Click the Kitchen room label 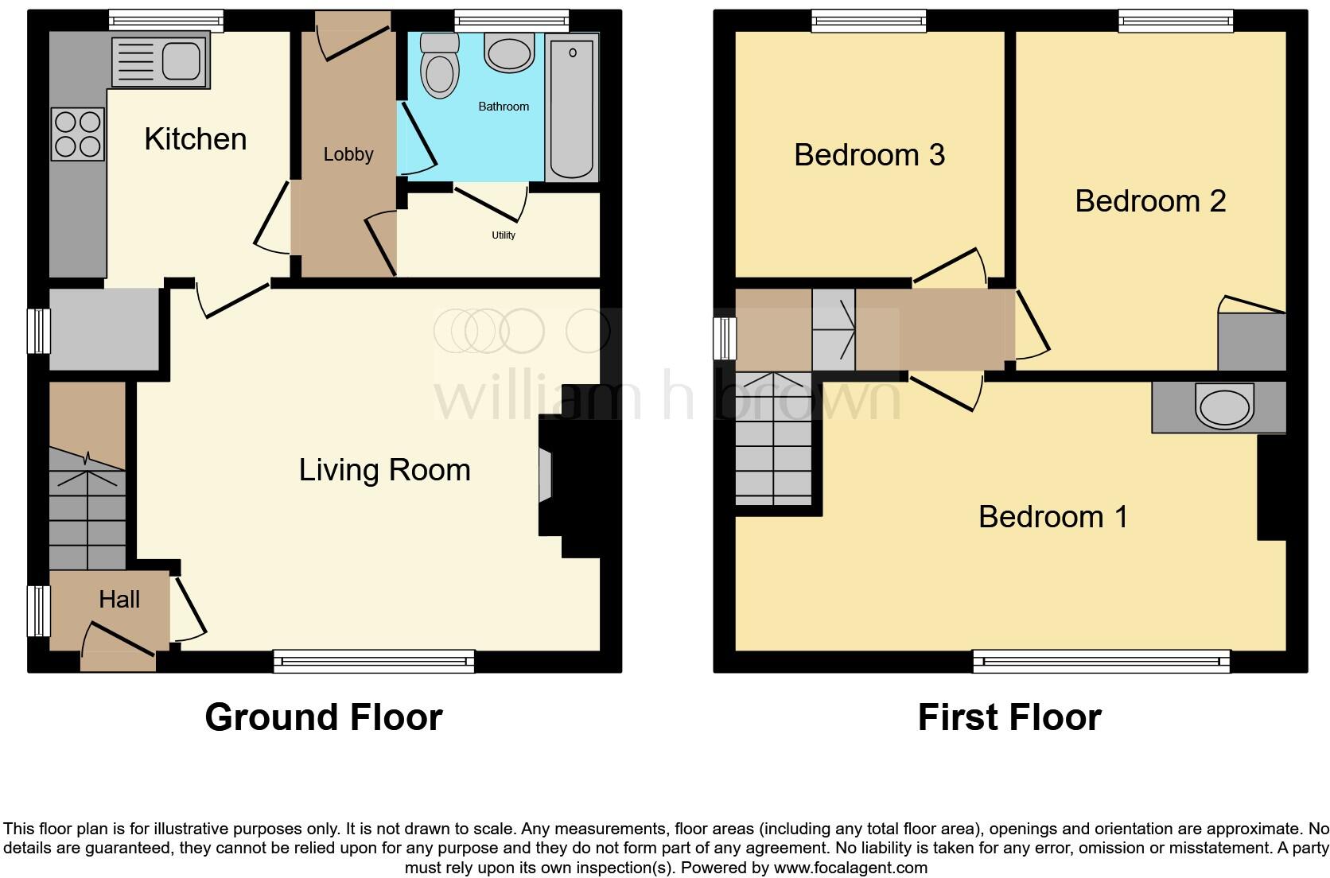195,139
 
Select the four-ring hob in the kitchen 78,134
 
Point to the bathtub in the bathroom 572,107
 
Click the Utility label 504,235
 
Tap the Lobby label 348,154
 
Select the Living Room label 384,470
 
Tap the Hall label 119,600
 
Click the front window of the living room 373,661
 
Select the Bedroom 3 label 869,155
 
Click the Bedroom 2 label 1149,201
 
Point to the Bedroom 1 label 1052,517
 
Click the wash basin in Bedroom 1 1223,406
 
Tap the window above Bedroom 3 869,21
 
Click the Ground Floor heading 323,717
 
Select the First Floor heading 1009,717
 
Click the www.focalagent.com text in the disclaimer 850,868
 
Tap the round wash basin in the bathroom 509,53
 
